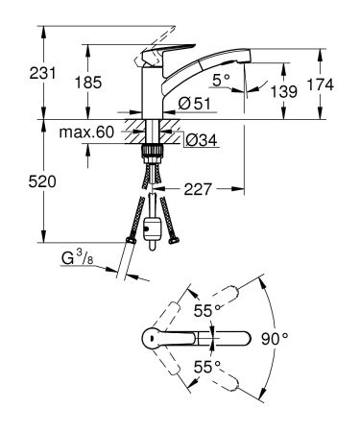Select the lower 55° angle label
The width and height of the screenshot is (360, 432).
pyautogui.click(x=204, y=366)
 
